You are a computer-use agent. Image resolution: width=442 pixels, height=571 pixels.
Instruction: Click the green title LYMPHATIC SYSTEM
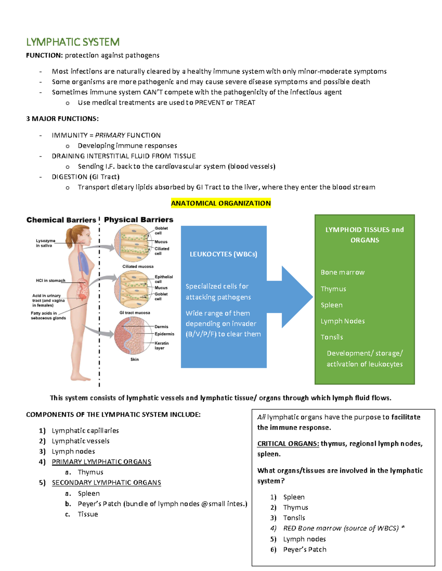click(73, 42)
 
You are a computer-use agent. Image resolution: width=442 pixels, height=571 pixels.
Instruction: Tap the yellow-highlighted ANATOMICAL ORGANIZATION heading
click(221, 203)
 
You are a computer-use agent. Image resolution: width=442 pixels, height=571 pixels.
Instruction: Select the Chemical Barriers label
click(61, 220)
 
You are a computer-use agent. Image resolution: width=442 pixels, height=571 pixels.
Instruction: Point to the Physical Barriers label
click(138, 220)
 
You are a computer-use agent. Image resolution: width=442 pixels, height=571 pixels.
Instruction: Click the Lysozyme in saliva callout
click(45, 243)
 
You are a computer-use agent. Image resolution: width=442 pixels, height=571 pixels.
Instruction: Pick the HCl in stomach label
click(50, 281)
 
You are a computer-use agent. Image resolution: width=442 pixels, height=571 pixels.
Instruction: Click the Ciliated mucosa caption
click(138, 266)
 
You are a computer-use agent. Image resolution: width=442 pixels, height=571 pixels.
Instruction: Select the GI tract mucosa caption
click(134, 313)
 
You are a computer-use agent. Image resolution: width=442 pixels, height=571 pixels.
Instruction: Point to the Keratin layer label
click(161, 345)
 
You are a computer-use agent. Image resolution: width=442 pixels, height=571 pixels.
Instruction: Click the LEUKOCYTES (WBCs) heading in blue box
click(223, 254)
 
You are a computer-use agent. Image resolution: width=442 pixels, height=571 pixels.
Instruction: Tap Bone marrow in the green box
click(342, 272)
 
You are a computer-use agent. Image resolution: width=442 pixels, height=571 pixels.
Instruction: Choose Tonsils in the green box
click(331, 337)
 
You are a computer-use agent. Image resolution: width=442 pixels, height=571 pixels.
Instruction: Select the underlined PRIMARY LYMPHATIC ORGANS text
click(101, 461)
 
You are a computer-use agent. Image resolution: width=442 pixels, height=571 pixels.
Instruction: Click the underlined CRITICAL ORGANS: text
click(288, 443)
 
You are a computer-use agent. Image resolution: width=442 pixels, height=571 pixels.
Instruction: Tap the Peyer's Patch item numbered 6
click(304, 549)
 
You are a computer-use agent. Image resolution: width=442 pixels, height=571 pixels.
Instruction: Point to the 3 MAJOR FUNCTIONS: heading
click(62, 118)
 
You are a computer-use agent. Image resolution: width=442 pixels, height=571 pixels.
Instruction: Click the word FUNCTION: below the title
click(44, 55)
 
